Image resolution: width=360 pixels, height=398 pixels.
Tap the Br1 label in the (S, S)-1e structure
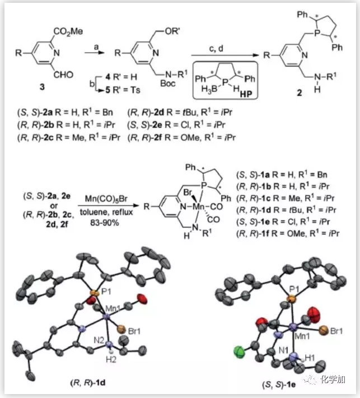tap(336, 332)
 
